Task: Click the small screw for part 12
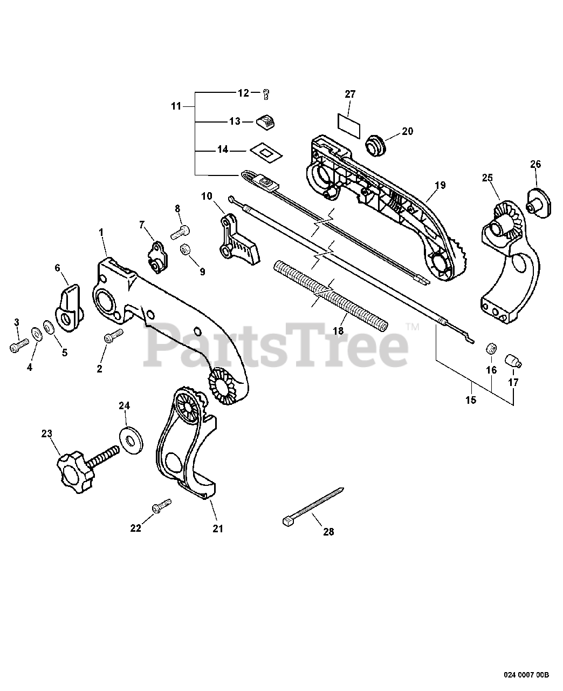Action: [x=266, y=95]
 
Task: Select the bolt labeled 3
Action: [x=18, y=345]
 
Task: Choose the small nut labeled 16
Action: [x=491, y=348]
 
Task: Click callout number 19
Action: [x=440, y=185]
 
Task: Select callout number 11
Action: [x=176, y=106]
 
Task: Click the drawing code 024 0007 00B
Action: [x=527, y=674]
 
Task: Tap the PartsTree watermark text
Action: [x=275, y=343]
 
